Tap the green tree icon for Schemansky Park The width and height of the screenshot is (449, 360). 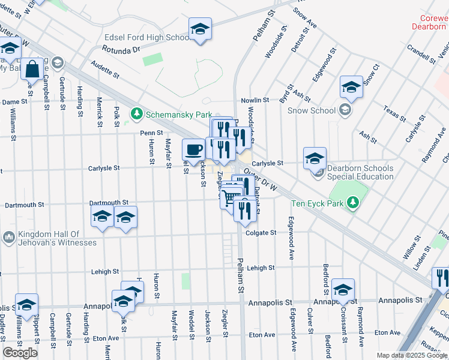tap(137, 113)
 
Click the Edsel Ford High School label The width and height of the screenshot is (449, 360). tap(147, 37)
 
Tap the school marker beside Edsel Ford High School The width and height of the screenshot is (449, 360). tap(200, 29)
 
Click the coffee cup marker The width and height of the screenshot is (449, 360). tap(193, 149)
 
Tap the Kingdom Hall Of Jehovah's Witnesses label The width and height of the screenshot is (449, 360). tap(57, 238)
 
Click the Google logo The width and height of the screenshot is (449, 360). tap(20, 353)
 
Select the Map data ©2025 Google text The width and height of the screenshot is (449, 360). tap(412, 355)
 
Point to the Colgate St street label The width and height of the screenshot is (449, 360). tap(261, 232)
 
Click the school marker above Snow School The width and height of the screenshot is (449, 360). tap(351, 88)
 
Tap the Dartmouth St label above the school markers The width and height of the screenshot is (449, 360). tap(109, 203)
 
